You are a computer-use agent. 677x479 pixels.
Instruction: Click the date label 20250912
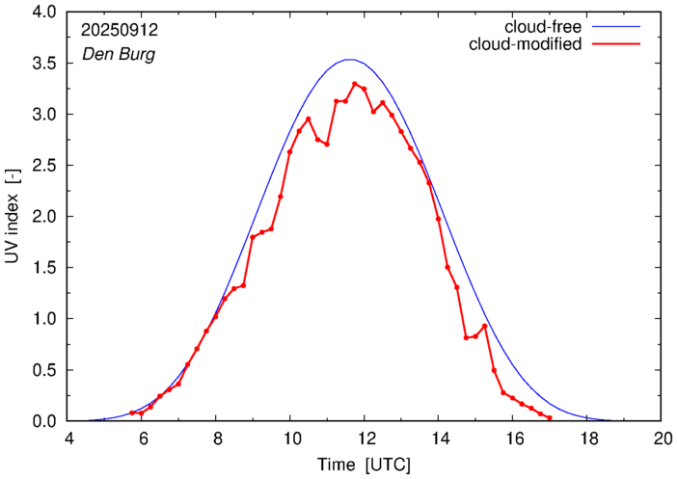[120, 29]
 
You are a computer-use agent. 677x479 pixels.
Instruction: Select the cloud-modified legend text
[526, 44]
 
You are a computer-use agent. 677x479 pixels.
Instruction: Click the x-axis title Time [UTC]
[365, 466]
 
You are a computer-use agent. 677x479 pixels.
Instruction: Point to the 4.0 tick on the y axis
[43, 12]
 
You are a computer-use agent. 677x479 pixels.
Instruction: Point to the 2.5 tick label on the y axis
[43, 166]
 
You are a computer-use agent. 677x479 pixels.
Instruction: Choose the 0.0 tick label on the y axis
[43, 421]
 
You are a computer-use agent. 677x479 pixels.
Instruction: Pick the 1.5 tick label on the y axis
[43, 268]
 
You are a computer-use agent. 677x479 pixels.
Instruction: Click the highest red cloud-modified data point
[355, 84]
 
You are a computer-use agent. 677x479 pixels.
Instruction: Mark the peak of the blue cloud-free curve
[350, 60]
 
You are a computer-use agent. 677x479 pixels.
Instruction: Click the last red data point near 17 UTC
[549, 418]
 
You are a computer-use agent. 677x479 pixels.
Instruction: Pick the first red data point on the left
[132, 412]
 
